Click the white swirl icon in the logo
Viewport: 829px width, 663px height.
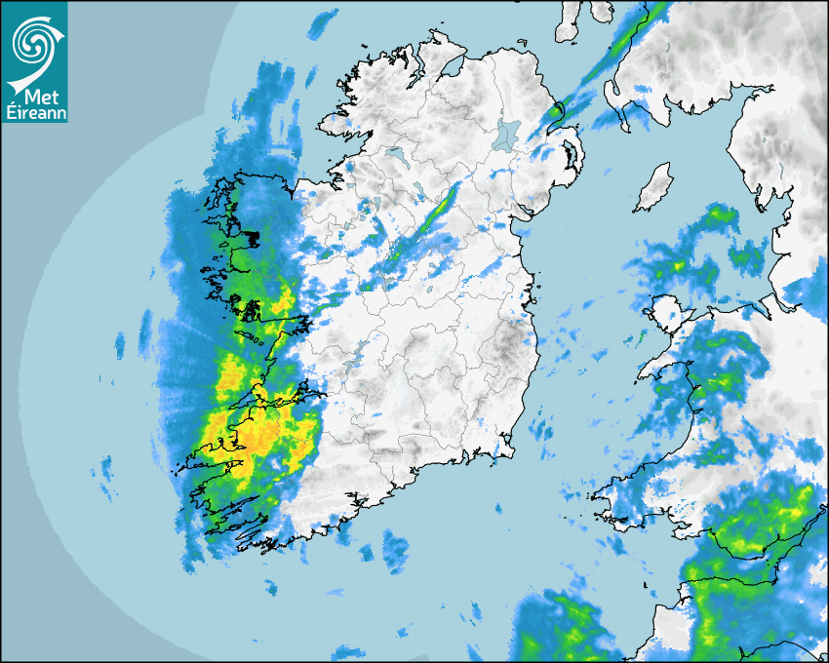click(33, 42)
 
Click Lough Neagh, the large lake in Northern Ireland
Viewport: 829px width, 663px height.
click(507, 133)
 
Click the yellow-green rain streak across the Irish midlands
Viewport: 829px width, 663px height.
click(444, 204)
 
